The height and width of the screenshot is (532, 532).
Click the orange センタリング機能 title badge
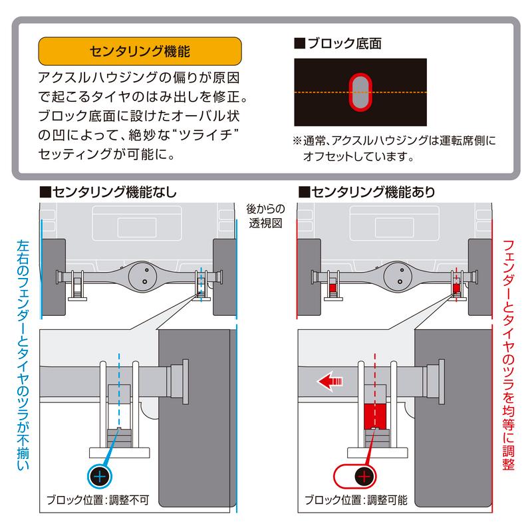point(140,51)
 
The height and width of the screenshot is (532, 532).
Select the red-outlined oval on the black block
point(360,91)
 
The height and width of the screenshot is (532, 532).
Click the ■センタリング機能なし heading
point(109,194)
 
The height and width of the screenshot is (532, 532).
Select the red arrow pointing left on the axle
point(330,381)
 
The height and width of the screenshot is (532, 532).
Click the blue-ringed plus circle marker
point(99,475)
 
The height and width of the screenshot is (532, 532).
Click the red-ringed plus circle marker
point(363,475)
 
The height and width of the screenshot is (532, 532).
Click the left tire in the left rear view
point(53,276)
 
